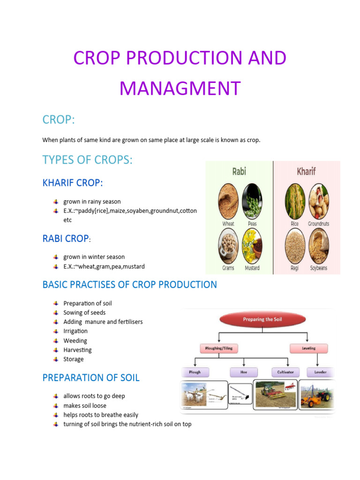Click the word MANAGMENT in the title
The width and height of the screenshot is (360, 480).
180,88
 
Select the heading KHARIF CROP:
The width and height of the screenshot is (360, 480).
73,183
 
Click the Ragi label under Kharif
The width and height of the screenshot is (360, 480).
294,269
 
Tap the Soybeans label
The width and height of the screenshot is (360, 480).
319,269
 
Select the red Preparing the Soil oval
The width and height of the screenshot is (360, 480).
262,319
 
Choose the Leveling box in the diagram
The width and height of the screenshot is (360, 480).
308,348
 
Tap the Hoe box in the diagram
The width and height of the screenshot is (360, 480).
244,372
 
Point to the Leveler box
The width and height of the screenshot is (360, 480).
320,372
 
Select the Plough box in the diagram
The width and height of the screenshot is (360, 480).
195,372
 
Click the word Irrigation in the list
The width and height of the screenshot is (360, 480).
75,331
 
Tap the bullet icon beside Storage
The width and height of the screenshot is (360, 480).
56,360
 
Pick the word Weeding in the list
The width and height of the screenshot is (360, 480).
75,341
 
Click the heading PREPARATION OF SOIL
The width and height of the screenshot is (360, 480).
91,378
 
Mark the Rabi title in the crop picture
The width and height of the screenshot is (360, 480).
239,171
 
